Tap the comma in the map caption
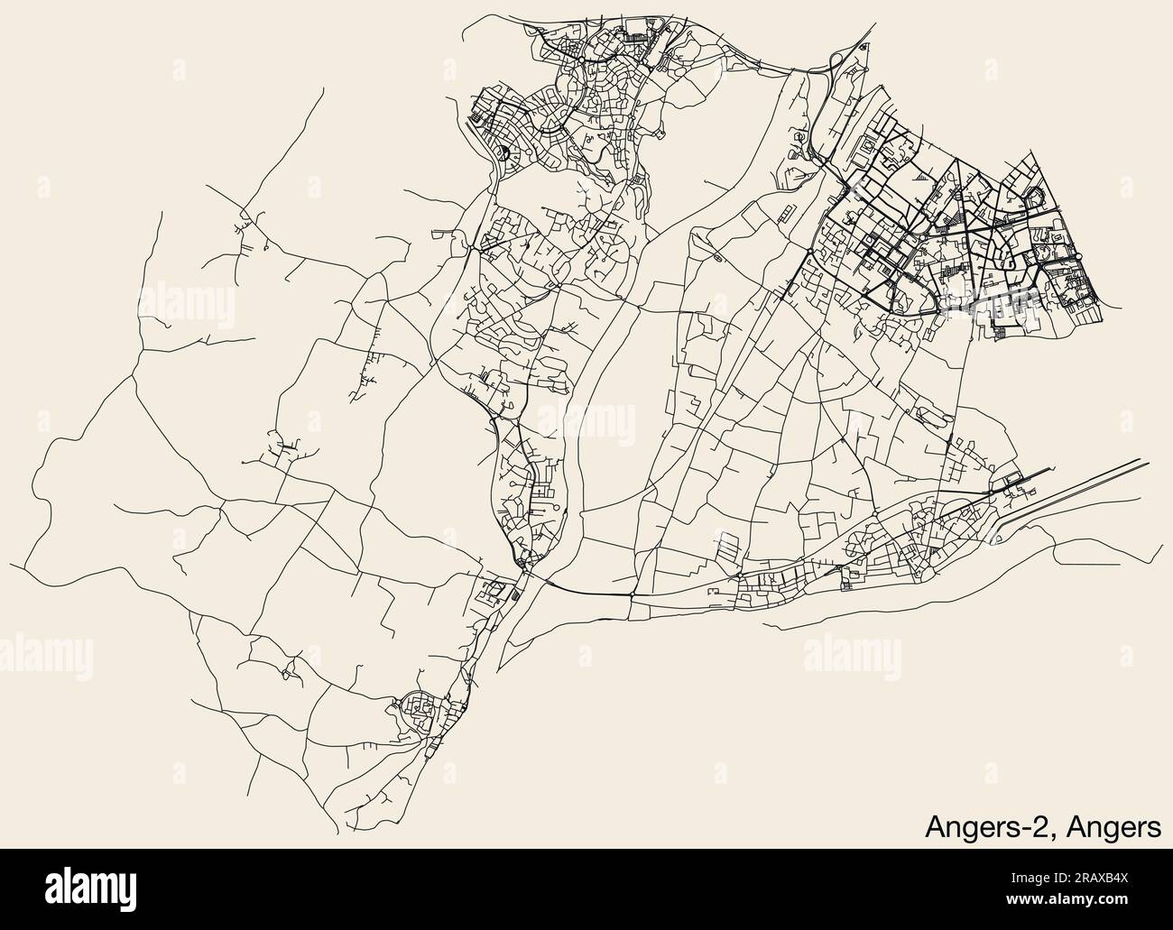click(x=1058, y=833)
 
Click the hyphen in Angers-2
click(x=1029, y=827)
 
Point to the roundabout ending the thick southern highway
click(x=522, y=564)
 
